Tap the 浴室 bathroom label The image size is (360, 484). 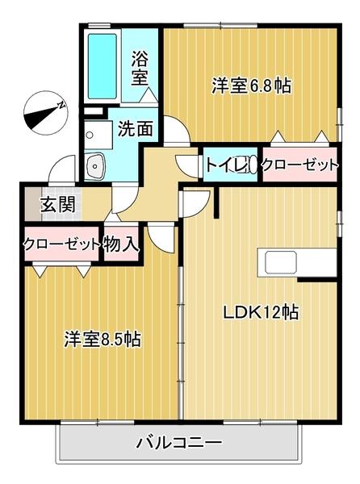[x=140, y=68]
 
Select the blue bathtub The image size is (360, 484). [x=103, y=65]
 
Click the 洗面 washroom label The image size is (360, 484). [x=134, y=127]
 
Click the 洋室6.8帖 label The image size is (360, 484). [x=251, y=85]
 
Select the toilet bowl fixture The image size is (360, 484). [x=249, y=165]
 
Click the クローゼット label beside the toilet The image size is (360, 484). [x=299, y=165]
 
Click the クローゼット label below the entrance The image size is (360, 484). [x=61, y=244]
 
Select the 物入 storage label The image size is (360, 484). [x=122, y=244]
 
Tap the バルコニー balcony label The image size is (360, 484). [x=178, y=443]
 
